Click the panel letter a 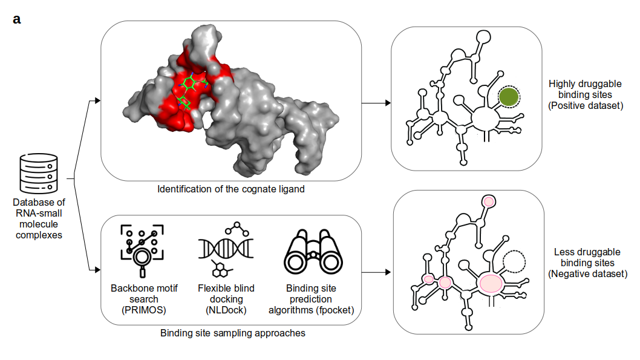tap(17, 19)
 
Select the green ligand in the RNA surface tap(190, 91)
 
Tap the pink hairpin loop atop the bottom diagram tap(489, 201)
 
